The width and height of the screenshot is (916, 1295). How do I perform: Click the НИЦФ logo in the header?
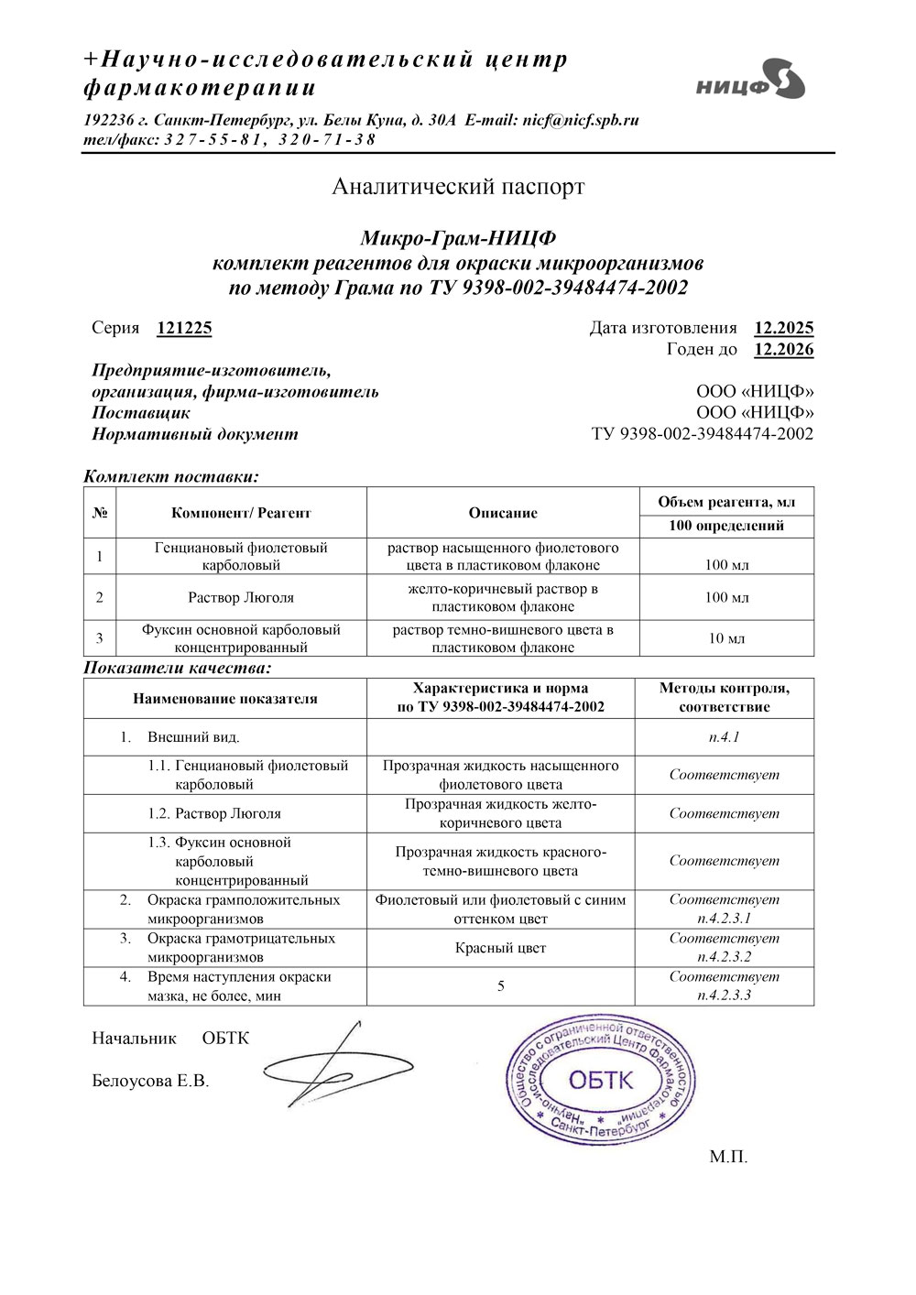tap(749, 80)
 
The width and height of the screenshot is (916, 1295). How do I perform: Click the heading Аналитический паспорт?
tap(458, 187)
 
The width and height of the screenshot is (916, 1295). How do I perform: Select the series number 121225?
tap(184, 328)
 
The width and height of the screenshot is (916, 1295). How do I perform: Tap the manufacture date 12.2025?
tap(783, 328)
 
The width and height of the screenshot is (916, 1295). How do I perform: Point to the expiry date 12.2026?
tap(783, 350)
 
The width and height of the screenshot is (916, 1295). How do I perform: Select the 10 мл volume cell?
tap(726, 638)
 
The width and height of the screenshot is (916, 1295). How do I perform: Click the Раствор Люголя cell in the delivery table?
tap(241, 597)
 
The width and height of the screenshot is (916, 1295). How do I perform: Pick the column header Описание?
tap(503, 513)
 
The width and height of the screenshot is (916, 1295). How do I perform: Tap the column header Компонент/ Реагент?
tap(241, 513)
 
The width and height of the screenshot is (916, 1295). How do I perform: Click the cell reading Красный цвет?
tap(500, 948)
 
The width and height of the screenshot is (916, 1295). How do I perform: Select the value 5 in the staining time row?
tap(500, 986)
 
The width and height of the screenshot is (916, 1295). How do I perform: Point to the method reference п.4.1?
tap(724, 736)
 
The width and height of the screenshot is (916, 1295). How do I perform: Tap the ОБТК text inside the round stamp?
tap(600, 1080)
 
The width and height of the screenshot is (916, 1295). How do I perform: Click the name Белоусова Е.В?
tap(150, 1082)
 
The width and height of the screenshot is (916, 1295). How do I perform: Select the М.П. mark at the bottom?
tap(728, 1157)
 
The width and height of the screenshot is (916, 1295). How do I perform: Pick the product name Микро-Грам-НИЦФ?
tap(458, 240)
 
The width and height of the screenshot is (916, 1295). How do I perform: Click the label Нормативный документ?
tap(194, 434)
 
